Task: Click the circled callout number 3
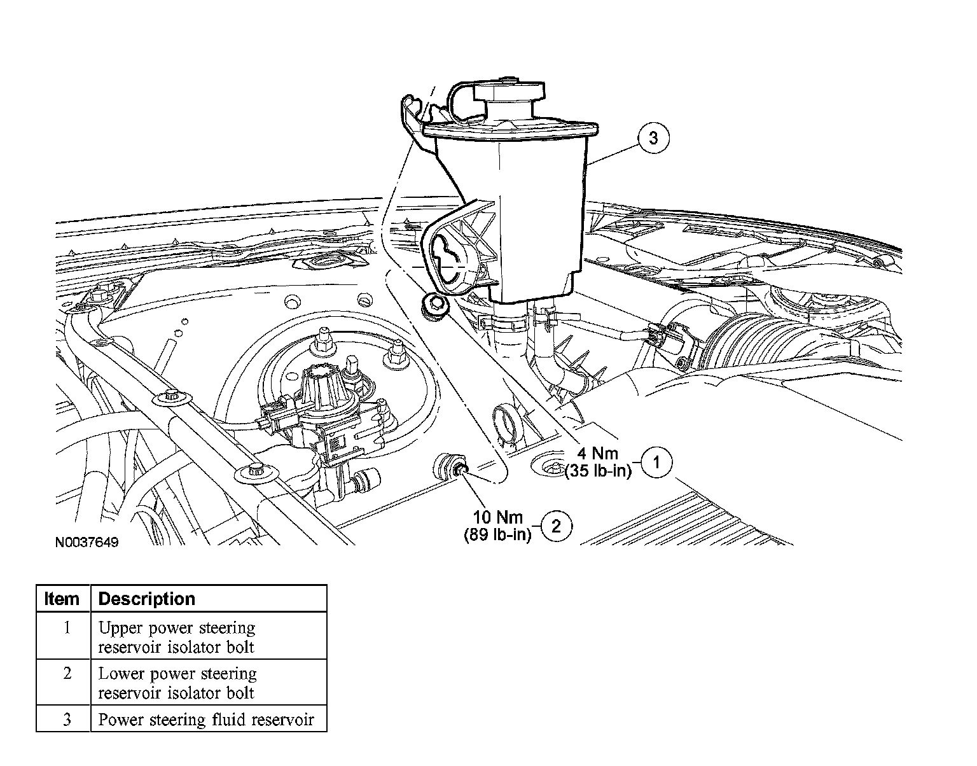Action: tap(653, 137)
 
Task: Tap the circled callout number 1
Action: tap(657, 463)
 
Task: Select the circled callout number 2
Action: tap(556, 526)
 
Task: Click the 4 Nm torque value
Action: tap(599, 454)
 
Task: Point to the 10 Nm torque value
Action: tap(497, 517)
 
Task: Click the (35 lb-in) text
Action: tap(597, 471)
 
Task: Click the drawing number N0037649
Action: tap(87, 543)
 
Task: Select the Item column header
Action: tap(62, 599)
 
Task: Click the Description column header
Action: tap(147, 599)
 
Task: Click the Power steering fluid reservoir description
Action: tap(206, 720)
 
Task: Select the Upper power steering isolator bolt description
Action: tap(177, 637)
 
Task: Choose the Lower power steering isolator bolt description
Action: tap(177, 683)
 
